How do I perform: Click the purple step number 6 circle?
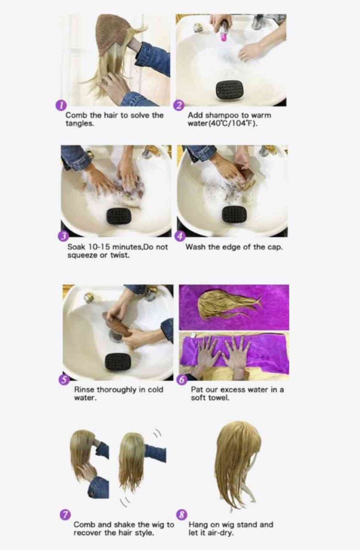[182, 380]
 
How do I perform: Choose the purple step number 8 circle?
[182, 515]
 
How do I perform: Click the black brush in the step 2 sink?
[229, 90]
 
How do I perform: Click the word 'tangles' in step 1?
[79, 124]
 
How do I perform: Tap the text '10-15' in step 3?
[98, 246]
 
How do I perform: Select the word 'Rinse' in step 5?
[85, 390]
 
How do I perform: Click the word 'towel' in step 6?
[219, 398]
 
